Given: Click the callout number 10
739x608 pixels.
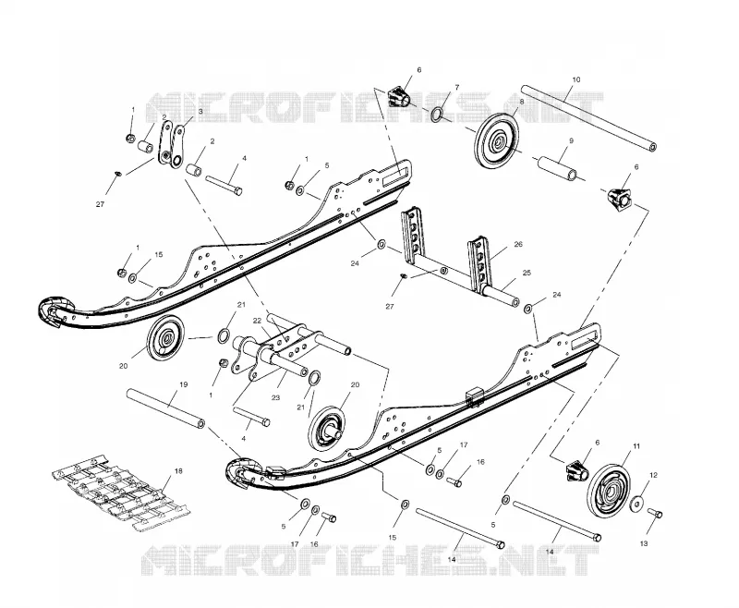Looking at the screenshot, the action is [575, 79].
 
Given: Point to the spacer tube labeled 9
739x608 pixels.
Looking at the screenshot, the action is [559, 168].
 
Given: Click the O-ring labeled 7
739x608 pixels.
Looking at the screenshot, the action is [437, 115].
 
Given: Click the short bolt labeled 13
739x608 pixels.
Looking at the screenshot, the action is [655, 513].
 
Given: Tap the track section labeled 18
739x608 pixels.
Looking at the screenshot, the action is [120, 492].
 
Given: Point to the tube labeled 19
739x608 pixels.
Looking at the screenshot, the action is [165, 407].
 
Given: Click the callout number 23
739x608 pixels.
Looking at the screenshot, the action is [275, 398].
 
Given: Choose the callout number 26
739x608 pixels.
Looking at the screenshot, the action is [518, 244].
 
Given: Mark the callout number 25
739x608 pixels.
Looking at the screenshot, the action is [527, 273].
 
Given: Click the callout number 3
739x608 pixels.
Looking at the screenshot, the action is [200, 111].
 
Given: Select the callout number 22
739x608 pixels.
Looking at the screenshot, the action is [257, 321].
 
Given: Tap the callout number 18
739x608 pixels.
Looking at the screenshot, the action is [178, 471].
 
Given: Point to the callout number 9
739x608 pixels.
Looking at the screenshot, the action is [571, 140].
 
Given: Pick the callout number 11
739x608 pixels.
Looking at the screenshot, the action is [636, 446].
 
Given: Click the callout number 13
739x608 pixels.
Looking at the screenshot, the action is [644, 543].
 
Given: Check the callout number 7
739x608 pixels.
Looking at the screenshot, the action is [456, 87].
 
